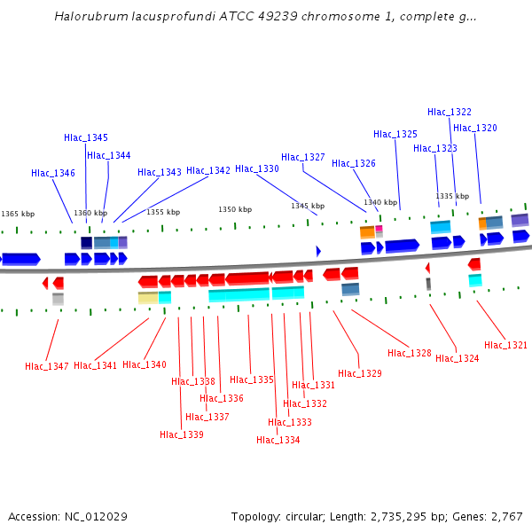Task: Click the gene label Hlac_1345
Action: click(86, 137)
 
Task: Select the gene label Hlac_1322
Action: click(450, 112)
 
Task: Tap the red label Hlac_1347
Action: click(47, 366)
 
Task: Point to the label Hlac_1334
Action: click(278, 440)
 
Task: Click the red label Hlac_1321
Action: click(505, 345)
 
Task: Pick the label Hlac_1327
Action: click(303, 157)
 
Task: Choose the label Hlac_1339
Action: click(182, 434)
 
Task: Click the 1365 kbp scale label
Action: click(18, 214)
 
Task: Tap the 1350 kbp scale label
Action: click(235, 209)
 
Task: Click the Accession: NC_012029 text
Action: click(69, 517)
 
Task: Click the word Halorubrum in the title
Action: click(88, 16)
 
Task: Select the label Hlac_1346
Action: click(53, 173)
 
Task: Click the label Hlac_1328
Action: click(410, 353)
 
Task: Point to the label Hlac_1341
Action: click(96, 365)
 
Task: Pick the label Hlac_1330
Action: click(257, 168)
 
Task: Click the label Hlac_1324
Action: click(458, 358)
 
